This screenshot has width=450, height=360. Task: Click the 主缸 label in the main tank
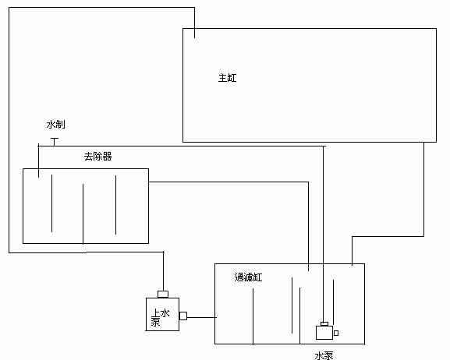point(227,78)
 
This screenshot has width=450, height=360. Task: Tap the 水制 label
point(55,125)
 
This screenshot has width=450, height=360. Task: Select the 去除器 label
point(97,157)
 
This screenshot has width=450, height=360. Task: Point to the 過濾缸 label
point(248,277)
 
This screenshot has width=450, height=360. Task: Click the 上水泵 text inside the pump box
point(161,317)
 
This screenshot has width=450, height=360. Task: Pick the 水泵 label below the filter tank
point(324,355)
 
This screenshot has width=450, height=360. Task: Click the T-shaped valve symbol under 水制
point(55,142)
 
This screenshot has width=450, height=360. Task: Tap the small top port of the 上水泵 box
point(163,295)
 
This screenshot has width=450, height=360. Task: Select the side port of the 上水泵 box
point(183,316)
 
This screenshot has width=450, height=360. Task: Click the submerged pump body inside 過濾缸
point(324,333)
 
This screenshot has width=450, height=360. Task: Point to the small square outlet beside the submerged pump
point(336,333)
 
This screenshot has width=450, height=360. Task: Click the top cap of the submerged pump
point(324,324)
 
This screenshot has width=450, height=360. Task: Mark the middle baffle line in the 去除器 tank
point(83,214)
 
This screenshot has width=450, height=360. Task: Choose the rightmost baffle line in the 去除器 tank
point(116,205)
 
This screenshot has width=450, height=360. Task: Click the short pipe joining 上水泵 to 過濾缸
point(202,317)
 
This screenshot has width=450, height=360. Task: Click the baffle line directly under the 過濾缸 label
point(253,316)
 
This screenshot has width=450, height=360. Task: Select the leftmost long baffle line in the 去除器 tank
point(52,203)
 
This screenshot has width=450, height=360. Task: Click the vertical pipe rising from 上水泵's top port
point(164,271)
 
